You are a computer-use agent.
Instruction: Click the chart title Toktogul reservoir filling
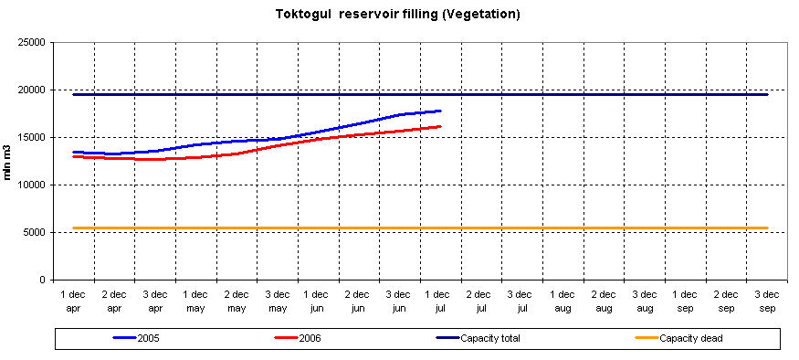point(398,15)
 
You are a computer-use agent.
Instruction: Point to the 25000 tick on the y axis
point(34,42)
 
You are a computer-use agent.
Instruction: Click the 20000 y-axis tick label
point(34,90)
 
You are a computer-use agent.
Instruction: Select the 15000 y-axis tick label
point(34,137)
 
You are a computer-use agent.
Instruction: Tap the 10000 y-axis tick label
point(34,185)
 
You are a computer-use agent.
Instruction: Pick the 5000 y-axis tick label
point(37,232)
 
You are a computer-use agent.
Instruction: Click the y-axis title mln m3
point(8,161)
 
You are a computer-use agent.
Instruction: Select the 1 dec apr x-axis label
point(74,302)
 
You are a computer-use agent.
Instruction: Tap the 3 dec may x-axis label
point(278,302)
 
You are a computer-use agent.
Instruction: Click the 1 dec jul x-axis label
point(440,302)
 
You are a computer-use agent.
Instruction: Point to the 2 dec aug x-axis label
point(604,302)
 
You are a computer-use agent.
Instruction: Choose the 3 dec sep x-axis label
point(767,302)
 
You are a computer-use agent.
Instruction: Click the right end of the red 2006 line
point(441,126)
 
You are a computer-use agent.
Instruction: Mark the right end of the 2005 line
point(441,111)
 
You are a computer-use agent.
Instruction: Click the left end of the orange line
point(74,228)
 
